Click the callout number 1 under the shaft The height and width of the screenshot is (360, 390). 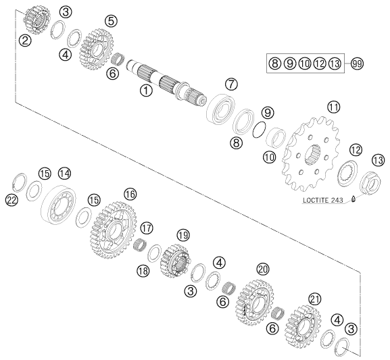pos(146,91)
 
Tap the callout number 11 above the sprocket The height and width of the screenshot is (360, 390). pos(333,107)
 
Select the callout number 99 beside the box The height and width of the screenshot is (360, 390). pos(357,63)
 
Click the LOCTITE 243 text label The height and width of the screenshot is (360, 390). pos(323,200)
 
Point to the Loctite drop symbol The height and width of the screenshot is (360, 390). pos(354,199)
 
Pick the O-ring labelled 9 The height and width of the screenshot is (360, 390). pos(259,129)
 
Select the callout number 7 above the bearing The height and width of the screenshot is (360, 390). pos(231,84)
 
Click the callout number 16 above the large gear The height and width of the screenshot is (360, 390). pos(130,194)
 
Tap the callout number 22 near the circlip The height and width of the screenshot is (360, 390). pos(11,200)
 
